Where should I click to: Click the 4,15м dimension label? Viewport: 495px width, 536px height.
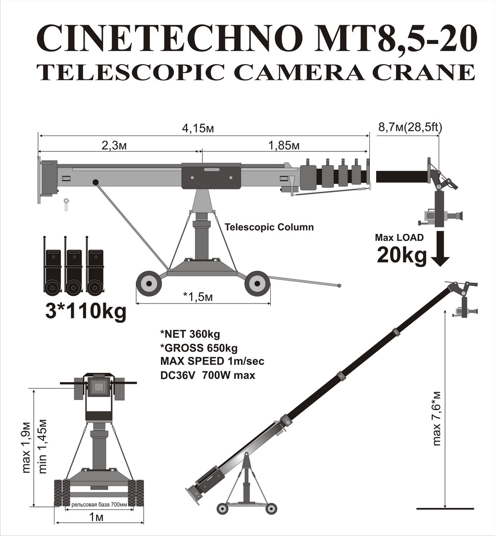click(198, 129)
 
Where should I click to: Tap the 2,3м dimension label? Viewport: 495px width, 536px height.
click(114, 146)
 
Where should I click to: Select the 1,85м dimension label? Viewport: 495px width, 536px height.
click(284, 146)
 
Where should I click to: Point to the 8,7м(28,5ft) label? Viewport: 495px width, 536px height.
click(410, 127)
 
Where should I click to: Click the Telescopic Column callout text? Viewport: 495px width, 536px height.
click(269, 227)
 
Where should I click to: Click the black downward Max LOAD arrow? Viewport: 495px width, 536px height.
click(440, 249)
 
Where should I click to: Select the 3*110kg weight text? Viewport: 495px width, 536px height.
click(86, 312)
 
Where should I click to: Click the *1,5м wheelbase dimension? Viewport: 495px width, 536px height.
click(198, 296)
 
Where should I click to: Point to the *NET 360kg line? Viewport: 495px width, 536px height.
click(190, 334)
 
